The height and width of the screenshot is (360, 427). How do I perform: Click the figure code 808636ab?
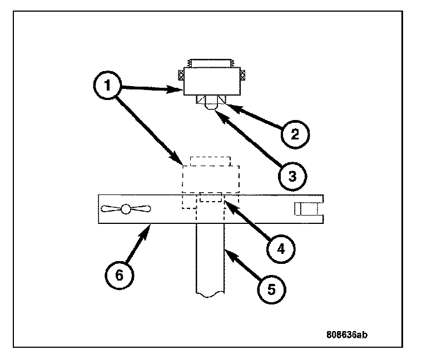tap(347, 335)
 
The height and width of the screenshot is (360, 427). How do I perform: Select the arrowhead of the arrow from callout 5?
tap(226, 251)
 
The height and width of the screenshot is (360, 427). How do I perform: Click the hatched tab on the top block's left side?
tap(181, 73)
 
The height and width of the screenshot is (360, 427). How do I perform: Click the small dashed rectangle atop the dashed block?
tap(210, 161)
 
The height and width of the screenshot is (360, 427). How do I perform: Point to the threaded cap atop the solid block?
tap(211, 63)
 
